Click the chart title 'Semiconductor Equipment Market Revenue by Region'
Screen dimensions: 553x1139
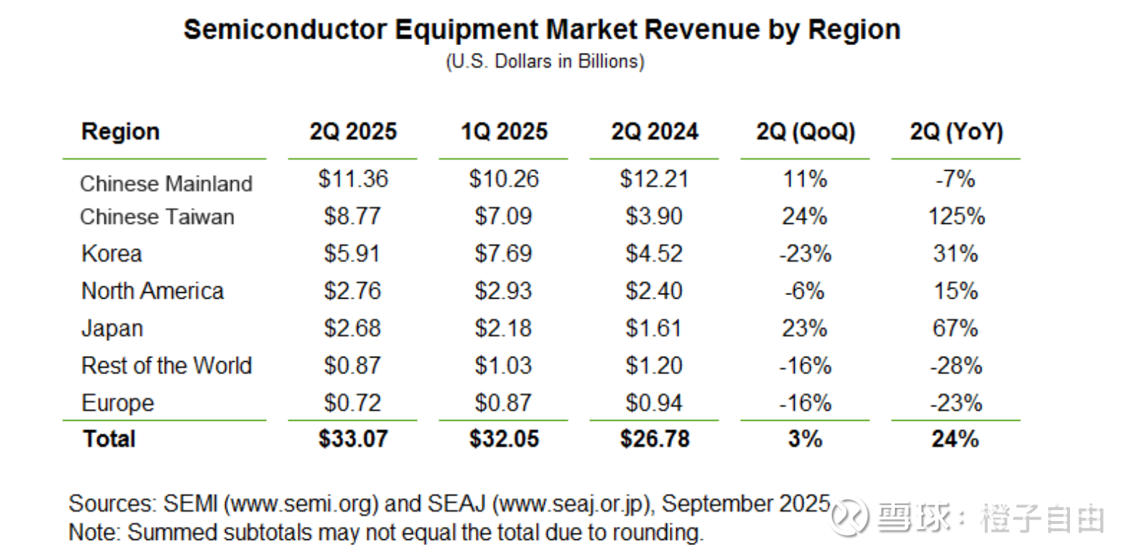[541, 30]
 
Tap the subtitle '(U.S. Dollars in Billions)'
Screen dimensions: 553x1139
[544, 62]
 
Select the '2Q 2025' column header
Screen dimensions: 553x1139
[353, 132]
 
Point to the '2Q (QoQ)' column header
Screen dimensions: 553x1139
[805, 132]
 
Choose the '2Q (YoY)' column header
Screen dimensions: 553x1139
[956, 132]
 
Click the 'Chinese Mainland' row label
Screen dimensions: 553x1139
[166, 183]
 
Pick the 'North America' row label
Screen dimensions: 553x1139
[153, 291]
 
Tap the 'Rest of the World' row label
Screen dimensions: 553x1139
[166, 365]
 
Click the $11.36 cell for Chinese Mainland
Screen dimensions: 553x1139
[353, 179]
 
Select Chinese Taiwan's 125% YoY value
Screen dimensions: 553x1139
[956, 217]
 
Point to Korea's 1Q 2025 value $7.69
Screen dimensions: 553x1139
[503, 254]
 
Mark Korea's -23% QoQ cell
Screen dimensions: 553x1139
[805, 254]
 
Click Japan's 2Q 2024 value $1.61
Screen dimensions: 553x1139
[654, 328]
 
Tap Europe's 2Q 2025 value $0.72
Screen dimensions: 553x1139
[353, 403]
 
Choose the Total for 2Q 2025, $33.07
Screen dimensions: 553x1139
[353, 439]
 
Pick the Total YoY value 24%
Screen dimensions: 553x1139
[956, 439]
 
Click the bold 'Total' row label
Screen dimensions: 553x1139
[109, 439]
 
